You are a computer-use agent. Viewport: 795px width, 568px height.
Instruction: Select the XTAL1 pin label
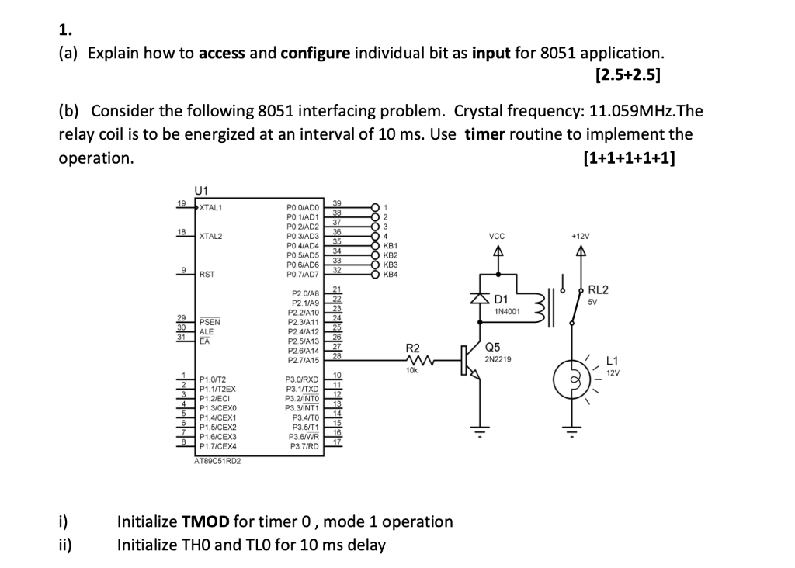pos(211,207)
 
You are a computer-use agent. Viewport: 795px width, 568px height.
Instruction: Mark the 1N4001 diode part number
pos(506,311)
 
